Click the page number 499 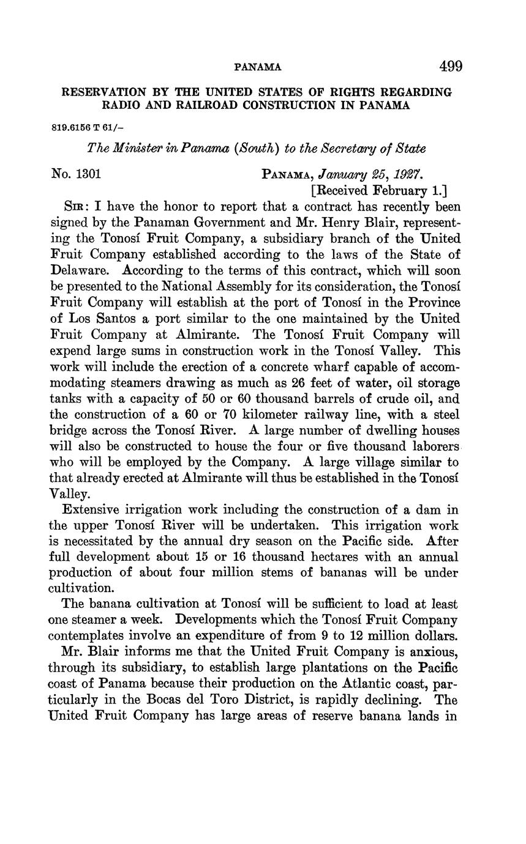click(x=450, y=66)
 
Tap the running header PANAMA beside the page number click(x=258, y=67)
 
